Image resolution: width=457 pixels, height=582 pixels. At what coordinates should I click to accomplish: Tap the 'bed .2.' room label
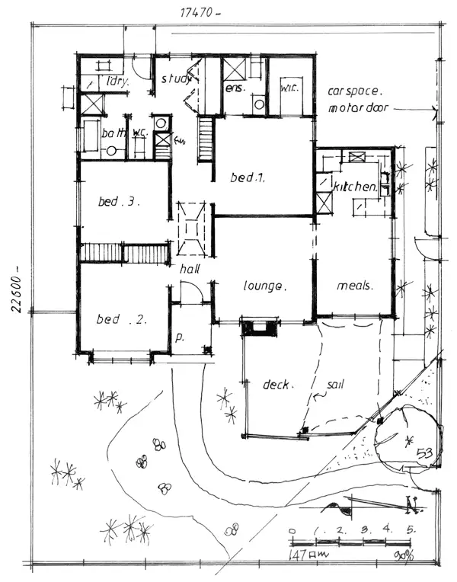pyautogui.click(x=119, y=319)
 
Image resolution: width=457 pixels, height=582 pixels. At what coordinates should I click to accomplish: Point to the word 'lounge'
pyautogui.click(x=264, y=287)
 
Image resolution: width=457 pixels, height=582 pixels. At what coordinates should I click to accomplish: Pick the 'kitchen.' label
pyautogui.click(x=355, y=187)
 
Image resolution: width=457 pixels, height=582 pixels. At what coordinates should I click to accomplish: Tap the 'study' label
pyautogui.click(x=174, y=78)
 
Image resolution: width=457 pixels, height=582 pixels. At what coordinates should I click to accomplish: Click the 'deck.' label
pyautogui.click(x=275, y=385)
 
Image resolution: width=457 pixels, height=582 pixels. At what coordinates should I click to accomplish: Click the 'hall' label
pyautogui.click(x=190, y=270)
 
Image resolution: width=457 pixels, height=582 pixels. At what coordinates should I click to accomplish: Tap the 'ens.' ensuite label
pyautogui.click(x=233, y=89)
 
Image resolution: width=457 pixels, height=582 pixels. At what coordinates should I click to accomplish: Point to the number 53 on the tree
pyautogui.click(x=424, y=453)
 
